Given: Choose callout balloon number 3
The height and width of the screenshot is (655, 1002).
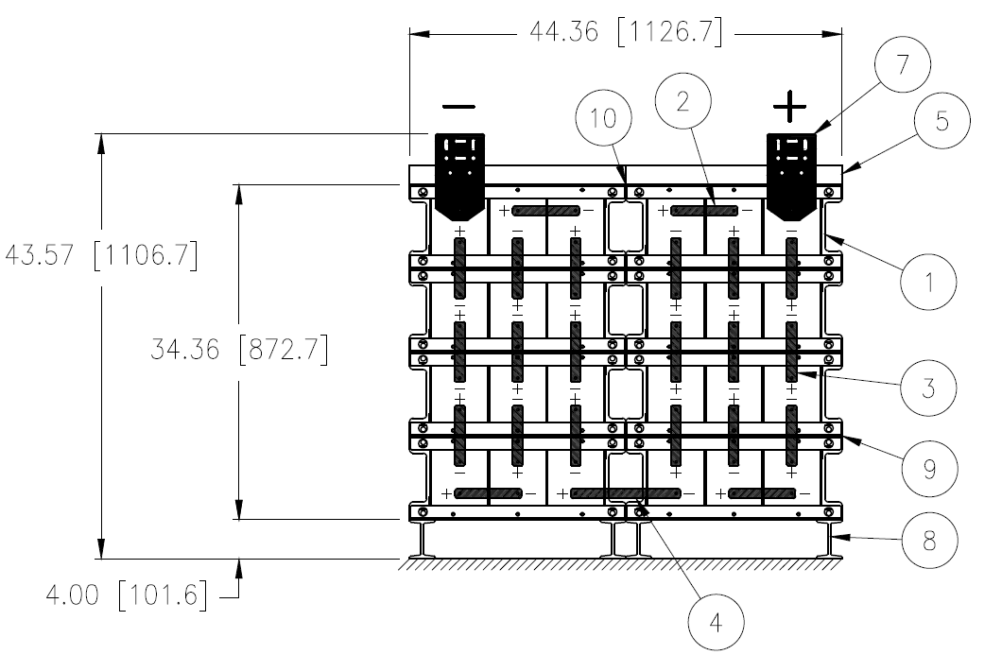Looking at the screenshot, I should pyautogui.click(x=929, y=388).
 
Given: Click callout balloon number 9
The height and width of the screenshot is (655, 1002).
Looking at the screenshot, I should pyautogui.click(x=929, y=465).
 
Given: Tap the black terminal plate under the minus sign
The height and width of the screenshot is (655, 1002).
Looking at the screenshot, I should pyautogui.click(x=458, y=170).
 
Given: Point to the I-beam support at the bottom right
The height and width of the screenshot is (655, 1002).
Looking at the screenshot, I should pyautogui.click(x=833, y=541).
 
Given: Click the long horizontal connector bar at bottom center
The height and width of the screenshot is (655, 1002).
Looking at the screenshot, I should pyautogui.click(x=625, y=493).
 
